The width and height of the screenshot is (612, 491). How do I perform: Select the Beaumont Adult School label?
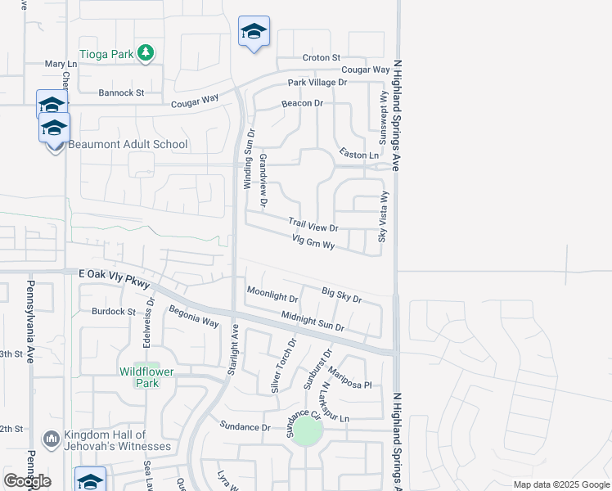(128, 145)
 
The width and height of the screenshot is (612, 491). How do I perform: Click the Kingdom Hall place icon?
(52, 439)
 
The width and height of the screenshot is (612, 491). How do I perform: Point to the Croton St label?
(321, 58)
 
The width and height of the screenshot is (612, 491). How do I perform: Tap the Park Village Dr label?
(317, 83)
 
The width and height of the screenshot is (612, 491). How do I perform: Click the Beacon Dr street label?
(303, 104)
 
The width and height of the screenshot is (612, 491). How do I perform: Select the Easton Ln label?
(360, 155)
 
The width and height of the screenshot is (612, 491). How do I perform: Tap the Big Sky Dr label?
(341, 295)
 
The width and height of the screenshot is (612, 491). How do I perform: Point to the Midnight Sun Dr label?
(312, 321)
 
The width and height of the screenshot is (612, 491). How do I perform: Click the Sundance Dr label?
(245, 427)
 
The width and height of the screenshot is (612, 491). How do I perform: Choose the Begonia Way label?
(194, 317)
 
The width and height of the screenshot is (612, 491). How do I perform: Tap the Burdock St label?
(114, 312)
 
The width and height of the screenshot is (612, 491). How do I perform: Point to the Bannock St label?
(121, 93)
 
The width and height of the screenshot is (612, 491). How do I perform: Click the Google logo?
(27, 481)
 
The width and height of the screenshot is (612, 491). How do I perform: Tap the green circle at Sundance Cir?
(308, 431)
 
